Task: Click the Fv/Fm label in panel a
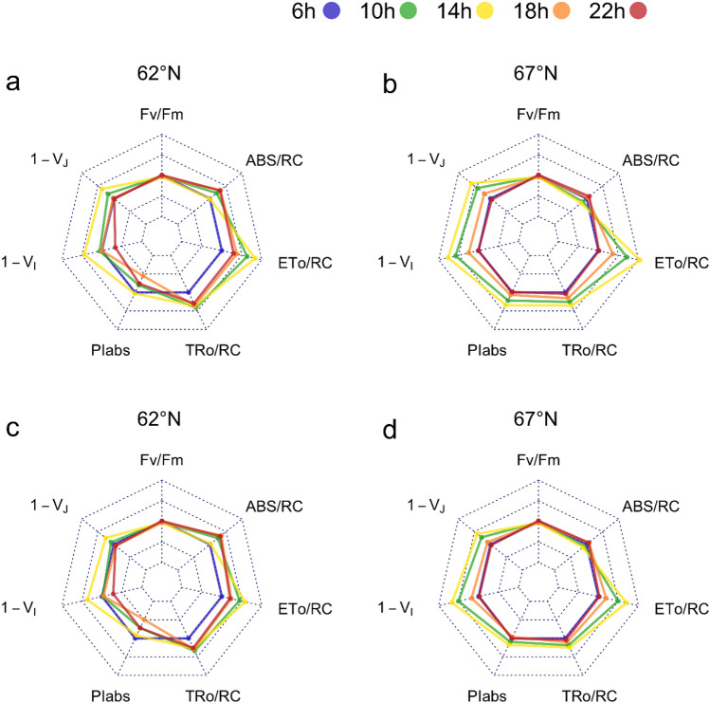pos(161,116)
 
